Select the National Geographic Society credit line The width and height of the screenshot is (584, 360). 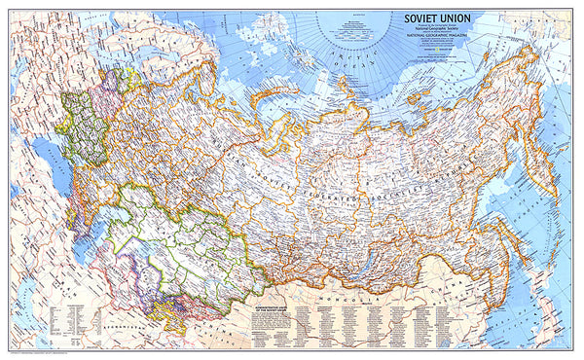pyautogui.click(x=433, y=30)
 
